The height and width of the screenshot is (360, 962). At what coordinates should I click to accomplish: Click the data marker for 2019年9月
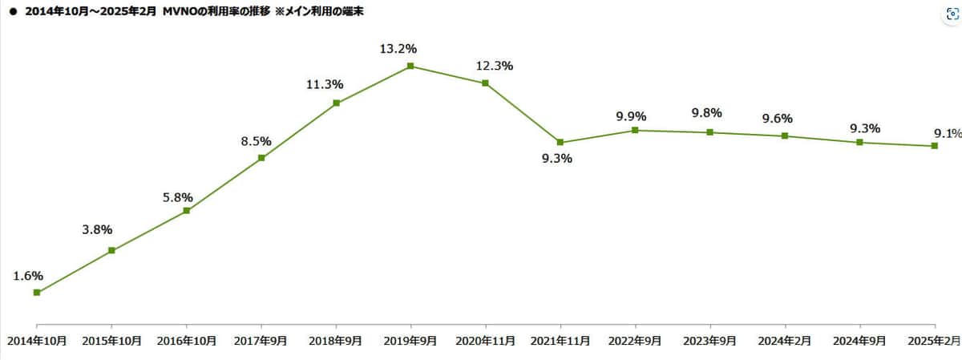tap(410, 66)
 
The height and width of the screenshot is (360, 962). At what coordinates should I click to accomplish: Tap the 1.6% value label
tap(28, 275)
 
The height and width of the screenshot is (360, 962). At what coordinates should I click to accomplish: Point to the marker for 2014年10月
tap(37, 293)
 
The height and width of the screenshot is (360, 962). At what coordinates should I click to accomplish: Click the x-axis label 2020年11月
tap(485, 341)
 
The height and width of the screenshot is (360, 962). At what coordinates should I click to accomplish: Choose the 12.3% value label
tap(494, 66)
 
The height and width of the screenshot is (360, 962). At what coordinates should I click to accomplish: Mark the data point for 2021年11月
tap(560, 142)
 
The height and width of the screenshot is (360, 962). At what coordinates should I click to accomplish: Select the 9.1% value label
tap(946, 133)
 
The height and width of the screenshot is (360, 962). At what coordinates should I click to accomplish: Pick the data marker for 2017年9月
tap(261, 158)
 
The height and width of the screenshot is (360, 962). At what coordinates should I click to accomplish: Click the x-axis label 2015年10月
tap(112, 341)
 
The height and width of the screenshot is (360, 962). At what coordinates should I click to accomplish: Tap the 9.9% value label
tap(632, 116)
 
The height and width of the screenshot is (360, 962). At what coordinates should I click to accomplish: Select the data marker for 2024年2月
tap(785, 136)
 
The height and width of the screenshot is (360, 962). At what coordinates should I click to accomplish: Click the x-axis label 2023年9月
tap(709, 341)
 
